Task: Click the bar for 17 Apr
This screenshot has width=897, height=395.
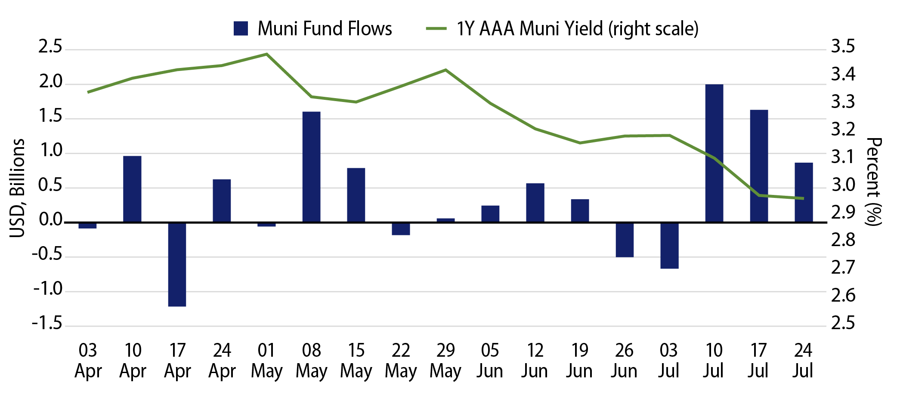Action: coord(177,264)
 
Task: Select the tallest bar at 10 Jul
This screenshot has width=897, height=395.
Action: coord(714,153)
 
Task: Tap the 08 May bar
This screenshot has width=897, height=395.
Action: coord(311,167)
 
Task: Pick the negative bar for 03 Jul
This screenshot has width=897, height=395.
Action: coord(669,245)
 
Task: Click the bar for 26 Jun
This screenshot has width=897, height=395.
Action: coord(625,240)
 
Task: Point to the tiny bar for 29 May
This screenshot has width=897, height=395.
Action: coord(445,220)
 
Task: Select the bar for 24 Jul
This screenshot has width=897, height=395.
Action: coord(804,192)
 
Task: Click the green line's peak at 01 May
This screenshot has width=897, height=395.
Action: coord(266,54)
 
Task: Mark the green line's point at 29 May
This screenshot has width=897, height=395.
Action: coord(445,70)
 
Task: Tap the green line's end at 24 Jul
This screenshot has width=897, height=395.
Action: coord(803,198)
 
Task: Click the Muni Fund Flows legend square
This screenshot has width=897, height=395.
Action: coord(241,28)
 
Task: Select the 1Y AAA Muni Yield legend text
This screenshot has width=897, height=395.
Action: coord(577,29)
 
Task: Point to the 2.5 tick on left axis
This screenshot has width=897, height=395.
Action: coord(50,47)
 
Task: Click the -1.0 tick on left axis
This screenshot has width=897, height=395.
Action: coord(48,289)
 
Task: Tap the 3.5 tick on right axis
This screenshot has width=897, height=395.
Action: coord(843,46)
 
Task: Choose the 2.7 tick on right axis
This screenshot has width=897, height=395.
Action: coord(843,268)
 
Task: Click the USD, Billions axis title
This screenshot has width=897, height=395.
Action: coord(18,188)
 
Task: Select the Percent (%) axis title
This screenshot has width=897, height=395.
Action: coord(874,181)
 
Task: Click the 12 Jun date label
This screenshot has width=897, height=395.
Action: coord(535,361)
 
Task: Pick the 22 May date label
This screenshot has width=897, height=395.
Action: coord(400,361)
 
